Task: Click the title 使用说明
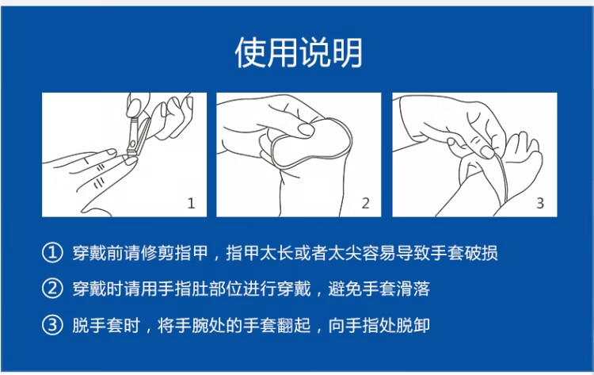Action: point(299,52)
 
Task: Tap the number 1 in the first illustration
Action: point(191,204)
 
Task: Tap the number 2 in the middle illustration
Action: point(365,204)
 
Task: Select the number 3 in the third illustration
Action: point(540,204)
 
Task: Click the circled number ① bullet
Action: point(52,253)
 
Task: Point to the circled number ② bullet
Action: point(52,289)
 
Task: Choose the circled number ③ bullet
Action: point(52,325)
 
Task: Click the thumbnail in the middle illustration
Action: point(306,129)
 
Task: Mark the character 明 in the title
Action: point(348,52)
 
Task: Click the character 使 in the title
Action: point(250,52)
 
